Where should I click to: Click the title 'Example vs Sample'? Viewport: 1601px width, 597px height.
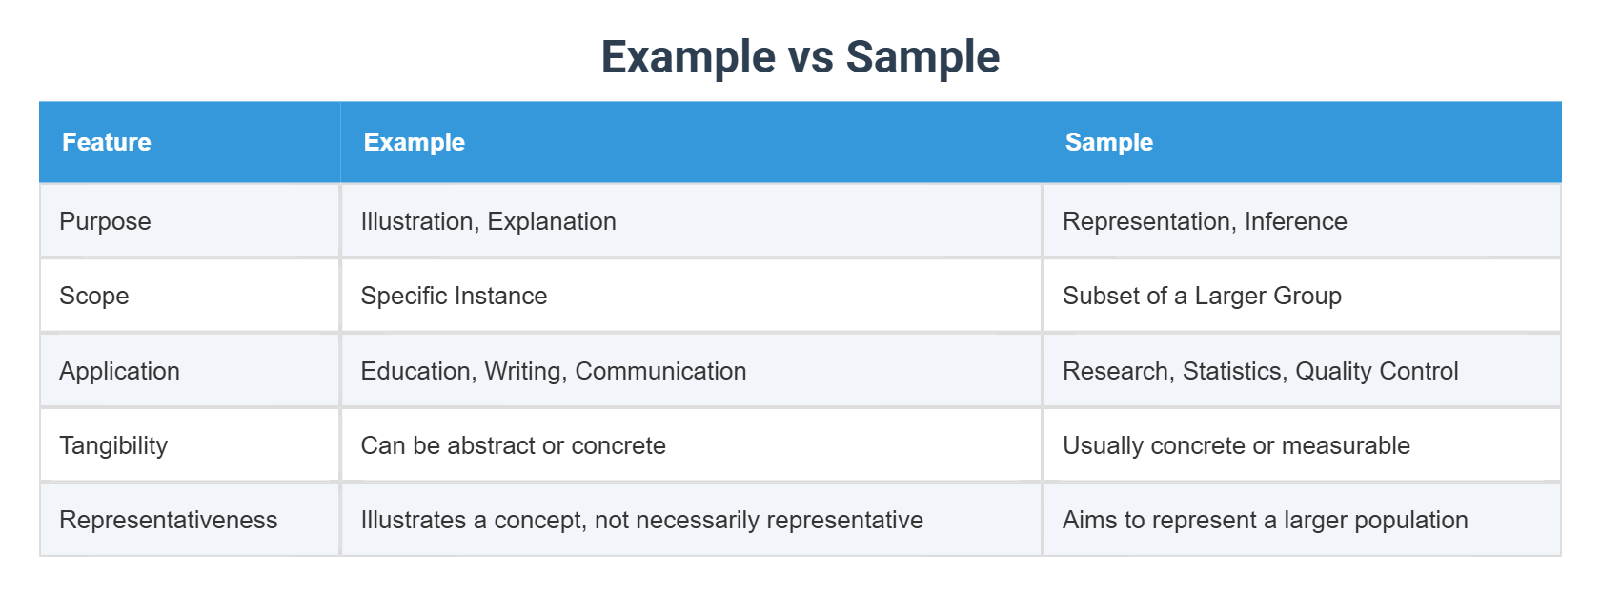tap(800, 57)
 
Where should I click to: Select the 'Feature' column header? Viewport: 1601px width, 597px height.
tap(107, 142)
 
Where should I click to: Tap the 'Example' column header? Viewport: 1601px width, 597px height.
tap(415, 142)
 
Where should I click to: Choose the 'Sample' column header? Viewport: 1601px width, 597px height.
tap(1109, 142)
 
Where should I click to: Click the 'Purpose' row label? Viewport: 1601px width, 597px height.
tap(105, 221)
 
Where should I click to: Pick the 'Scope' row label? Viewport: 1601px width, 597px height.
tap(93, 296)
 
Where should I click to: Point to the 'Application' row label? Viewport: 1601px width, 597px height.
tap(119, 371)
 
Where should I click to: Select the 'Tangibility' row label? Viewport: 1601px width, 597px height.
tap(113, 445)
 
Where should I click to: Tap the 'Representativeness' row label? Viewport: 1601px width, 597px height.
tap(169, 520)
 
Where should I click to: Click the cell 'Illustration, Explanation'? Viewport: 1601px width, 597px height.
tap(488, 221)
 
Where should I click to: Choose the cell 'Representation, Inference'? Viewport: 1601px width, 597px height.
tap(1205, 221)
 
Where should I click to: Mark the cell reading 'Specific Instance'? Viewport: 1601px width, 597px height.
tap(454, 296)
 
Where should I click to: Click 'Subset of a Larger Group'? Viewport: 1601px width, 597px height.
tap(1202, 296)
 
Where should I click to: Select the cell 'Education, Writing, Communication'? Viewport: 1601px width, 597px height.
tap(553, 371)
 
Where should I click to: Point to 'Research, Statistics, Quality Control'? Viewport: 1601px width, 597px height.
tap(1260, 371)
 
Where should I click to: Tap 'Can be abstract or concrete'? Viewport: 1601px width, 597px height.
tap(513, 445)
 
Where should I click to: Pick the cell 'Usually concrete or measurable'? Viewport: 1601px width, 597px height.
tap(1236, 445)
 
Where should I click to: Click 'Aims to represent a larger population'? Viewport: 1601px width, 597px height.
tap(1265, 520)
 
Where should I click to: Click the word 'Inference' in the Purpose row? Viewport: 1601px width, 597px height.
tap(1295, 221)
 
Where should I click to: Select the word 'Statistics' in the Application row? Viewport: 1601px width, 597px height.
tap(1232, 371)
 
